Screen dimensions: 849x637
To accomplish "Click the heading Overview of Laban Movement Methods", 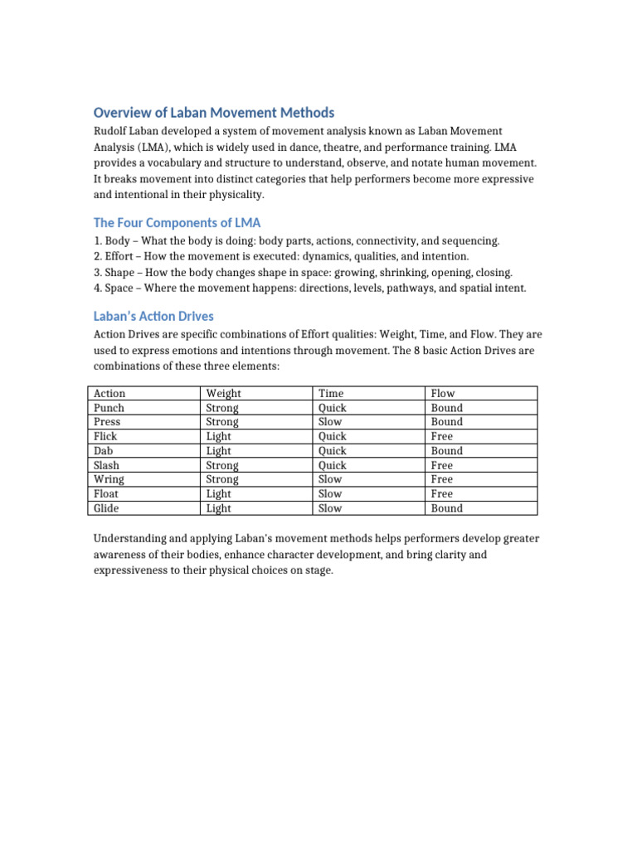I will tap(214, 113).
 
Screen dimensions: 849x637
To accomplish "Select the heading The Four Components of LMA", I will tap(177, 222).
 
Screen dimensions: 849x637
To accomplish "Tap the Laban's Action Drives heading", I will tap(153, 316).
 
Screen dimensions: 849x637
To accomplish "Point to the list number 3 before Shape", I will tap(97, 272).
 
